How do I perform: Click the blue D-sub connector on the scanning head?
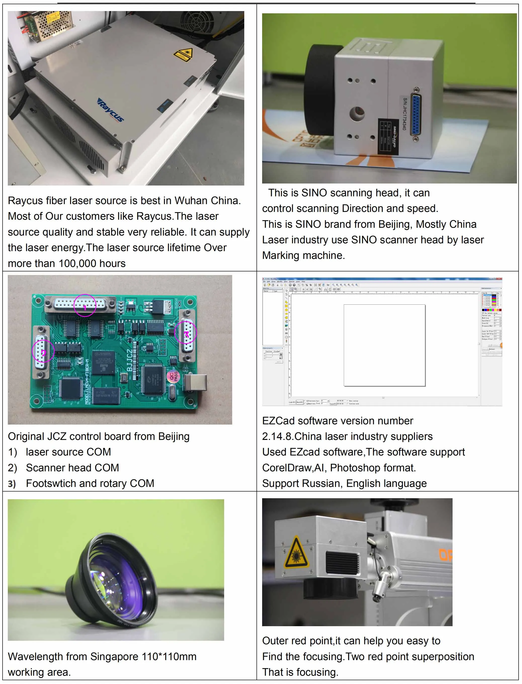click(416, 115)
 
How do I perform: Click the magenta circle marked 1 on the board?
click(85, 305)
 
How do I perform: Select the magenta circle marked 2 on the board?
click(43, 351)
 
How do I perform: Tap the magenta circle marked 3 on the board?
click(186, 332)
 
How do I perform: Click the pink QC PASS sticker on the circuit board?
click(173, 376)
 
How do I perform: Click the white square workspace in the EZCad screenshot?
click(384, 345)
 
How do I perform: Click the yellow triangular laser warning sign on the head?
click(296, 552)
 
